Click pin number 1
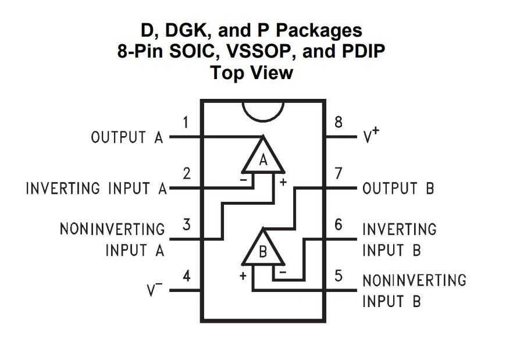186,123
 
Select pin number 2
186,173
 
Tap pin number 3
186,224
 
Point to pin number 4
186,276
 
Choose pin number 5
338,276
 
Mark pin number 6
338,224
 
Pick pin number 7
338,173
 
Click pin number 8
338,123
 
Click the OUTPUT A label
127,138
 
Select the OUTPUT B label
398,188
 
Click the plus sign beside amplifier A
284,182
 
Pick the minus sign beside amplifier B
283,272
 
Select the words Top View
252,73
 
